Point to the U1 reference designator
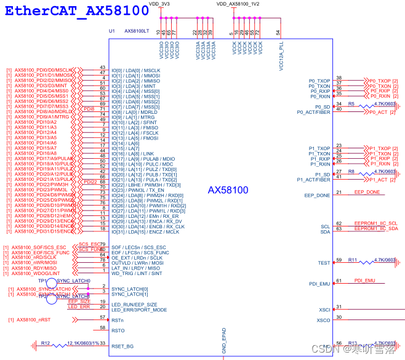click(x=111, y=30)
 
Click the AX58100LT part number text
click(x=136, y=30)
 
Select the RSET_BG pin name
click(x=124, y=346)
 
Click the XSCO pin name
click(x=323, y=320)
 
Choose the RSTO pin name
click(x=118, y=330)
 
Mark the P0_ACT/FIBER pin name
click(x=314, y=112)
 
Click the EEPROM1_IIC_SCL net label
click(x=375, y=223)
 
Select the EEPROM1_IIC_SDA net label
click(x=375, y=229)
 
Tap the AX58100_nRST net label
click(x=33, y=320)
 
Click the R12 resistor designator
click(x=46, y=343)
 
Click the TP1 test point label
click(x=42, y=280)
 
